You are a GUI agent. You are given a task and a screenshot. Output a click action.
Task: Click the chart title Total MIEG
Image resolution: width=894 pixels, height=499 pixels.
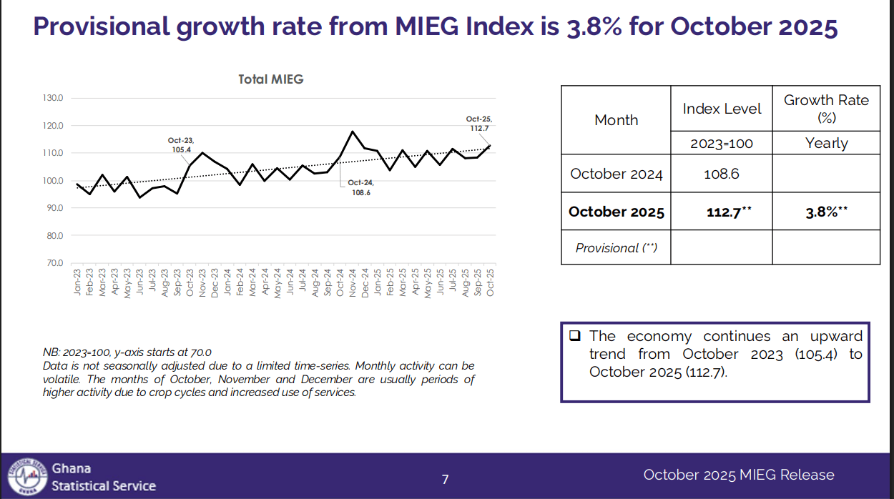(x=271, y=79)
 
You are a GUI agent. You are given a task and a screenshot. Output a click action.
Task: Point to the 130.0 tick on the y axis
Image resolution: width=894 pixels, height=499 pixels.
(x=54, y=98)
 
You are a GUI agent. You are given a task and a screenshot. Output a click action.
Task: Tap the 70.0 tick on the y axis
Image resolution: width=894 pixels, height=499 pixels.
(x=54, y=263)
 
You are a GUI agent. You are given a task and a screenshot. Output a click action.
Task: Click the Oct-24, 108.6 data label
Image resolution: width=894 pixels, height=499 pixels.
(x=360, y=188)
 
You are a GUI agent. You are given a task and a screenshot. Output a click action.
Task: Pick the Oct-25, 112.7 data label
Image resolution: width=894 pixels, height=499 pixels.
(x=478, y=124)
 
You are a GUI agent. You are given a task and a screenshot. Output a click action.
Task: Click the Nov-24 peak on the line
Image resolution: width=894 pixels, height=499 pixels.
(x=353, y=132)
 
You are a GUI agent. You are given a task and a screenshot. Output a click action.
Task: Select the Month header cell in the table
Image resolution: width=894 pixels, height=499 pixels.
(x=616, y=120)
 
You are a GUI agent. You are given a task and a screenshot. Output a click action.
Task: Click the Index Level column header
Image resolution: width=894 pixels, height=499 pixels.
(x=722, y=109)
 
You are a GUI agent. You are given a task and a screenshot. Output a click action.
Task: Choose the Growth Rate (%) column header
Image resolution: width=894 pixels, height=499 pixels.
(x=826, y=108)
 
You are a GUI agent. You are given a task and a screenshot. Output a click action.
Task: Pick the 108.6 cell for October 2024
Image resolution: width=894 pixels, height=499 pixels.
(x=722, y=174)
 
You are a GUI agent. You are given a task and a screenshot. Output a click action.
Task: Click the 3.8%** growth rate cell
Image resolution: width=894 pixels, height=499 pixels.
(x=826, y=212)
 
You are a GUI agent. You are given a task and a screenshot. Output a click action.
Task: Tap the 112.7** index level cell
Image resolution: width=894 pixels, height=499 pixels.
(x=722, y=212)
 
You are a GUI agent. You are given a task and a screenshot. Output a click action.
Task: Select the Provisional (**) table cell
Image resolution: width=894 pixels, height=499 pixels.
(x=616, y=248)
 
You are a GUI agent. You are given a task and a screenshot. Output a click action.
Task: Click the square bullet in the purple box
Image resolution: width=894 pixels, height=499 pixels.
(x=574, y=336)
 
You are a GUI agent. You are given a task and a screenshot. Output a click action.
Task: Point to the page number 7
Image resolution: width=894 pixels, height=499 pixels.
(x=445, y=479)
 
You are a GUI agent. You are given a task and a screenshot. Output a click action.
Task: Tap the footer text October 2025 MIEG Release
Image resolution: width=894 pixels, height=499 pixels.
(x=738, y=475)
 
